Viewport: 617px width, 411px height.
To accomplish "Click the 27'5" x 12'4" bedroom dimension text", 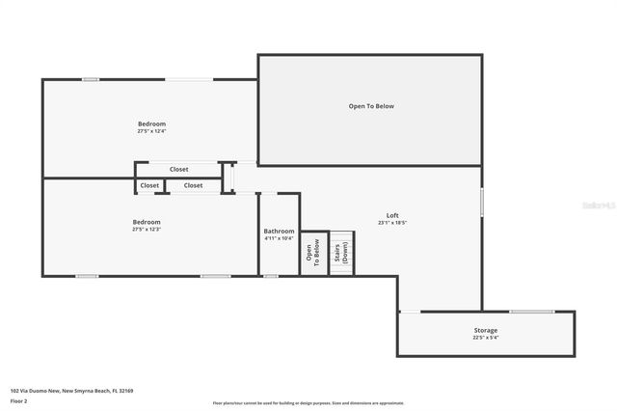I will [151, 132].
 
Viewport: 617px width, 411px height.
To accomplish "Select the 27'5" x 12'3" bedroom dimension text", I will [147, 230].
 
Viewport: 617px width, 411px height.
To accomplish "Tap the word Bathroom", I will [279, 231].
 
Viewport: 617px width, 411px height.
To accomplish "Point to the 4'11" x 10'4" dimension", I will [279, 238].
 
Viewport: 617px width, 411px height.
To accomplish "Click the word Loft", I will [392, 215].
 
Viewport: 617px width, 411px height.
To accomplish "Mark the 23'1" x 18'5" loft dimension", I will [392, 223].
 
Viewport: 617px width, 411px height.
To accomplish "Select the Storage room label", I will [485, 330].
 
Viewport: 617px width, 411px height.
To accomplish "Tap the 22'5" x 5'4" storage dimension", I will [485, 338].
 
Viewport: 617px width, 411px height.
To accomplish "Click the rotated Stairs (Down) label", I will [342, 254].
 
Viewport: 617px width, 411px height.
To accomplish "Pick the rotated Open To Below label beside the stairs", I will [313, 254].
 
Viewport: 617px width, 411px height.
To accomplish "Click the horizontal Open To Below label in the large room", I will [371, 106].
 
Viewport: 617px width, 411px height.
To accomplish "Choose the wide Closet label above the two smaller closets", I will [179, 169].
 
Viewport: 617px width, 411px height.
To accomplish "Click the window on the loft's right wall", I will [481, 202].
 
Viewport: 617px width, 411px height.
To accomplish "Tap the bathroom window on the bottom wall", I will [271, 276].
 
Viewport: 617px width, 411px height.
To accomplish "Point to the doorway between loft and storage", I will [410, 311].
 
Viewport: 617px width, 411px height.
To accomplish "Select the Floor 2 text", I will [19, 399].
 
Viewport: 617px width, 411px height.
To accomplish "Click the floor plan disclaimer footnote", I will [308, 403].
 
